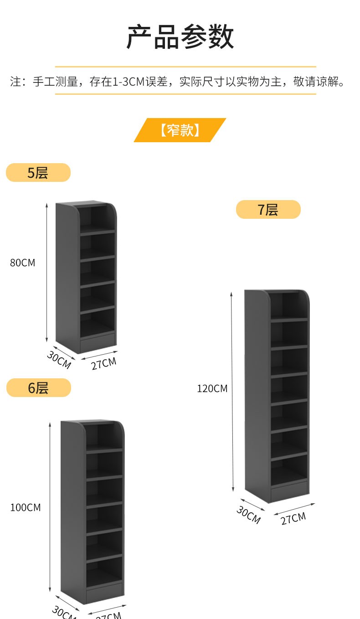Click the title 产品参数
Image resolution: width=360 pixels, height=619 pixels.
pos(180,37)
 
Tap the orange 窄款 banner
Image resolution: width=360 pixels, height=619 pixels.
pos(180,130)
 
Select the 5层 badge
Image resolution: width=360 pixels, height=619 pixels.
pos(38,173)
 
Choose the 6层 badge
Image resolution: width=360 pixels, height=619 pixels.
pos(39,388)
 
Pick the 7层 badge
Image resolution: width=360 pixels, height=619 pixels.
pos(268,210)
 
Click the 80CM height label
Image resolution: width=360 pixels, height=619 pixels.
pos(23,263)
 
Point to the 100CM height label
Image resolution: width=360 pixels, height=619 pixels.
pos(26,507)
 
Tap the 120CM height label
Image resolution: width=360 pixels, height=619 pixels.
pos(212,389)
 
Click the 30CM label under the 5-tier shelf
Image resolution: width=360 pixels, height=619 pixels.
pos(59,360)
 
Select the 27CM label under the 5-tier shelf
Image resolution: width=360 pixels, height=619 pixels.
pos(103,363)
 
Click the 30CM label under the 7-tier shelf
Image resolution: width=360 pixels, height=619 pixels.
pos(248,515)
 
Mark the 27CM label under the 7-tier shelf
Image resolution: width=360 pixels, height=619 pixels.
pos(293,518)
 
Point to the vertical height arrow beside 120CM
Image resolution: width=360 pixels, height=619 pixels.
pos(232,392)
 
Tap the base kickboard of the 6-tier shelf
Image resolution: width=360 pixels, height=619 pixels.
pos(104,591)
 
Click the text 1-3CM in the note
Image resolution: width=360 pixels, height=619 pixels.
pos(129,82)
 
